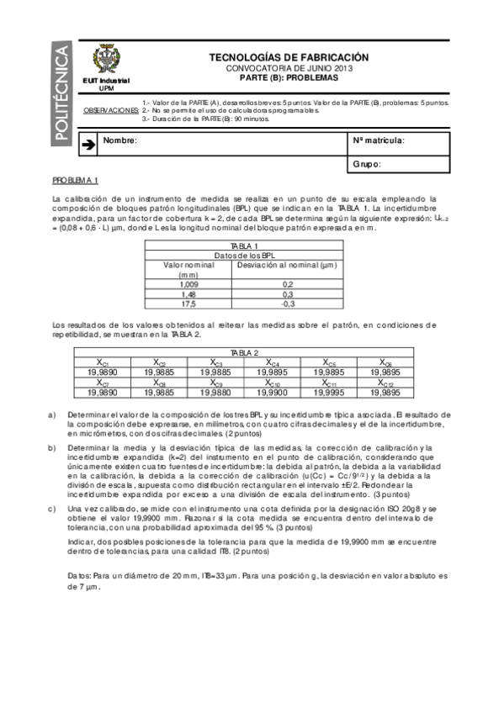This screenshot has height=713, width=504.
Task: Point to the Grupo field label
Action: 367,165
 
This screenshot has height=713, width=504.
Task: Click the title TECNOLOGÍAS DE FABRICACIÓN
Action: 288,57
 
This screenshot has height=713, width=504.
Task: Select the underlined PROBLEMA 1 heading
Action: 76,181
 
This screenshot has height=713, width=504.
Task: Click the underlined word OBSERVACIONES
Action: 112,110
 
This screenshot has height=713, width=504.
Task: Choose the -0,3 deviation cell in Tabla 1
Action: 287,304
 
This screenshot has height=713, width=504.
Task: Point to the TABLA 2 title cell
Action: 244,353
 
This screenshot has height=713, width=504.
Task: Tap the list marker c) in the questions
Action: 54,509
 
